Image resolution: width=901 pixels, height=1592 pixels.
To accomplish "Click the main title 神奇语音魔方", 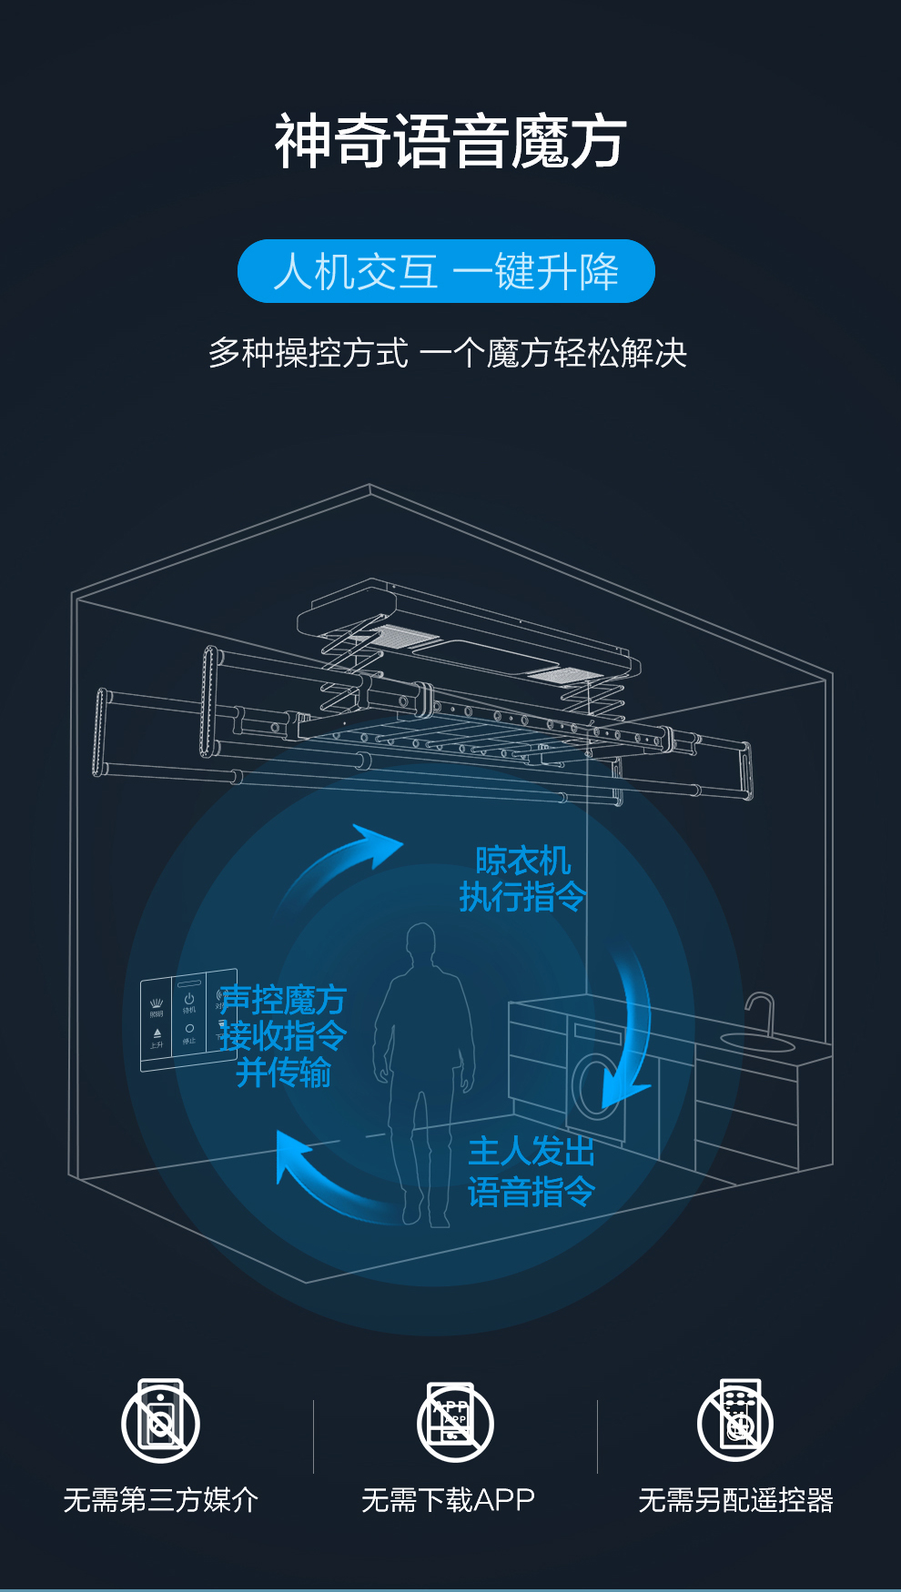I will [450, 141].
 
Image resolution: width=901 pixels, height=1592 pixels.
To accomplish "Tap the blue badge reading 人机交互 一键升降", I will [446, 271].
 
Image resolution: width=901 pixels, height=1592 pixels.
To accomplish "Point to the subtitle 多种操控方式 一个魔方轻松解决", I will [448, 353].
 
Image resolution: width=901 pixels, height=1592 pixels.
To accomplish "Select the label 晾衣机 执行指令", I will [522, 879].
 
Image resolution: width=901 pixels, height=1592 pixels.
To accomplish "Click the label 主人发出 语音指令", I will [531, 1172].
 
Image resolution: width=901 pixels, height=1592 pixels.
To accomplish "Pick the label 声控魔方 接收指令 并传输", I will [283, 1036].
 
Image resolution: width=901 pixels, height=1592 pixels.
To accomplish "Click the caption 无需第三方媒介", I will [161, 1499].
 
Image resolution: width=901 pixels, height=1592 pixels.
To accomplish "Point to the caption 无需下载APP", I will [448, 1499].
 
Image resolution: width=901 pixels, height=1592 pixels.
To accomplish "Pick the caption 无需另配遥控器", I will [735, 1499].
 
